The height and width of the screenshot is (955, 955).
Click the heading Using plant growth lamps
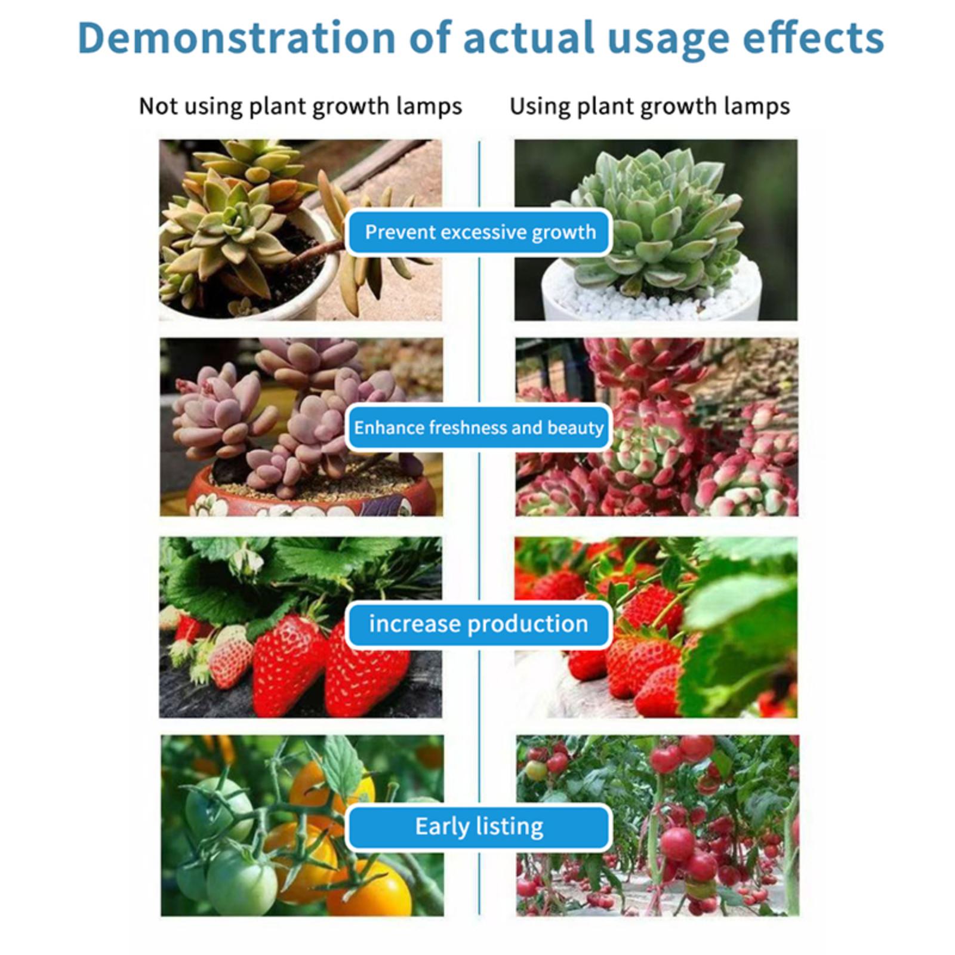(649, 107)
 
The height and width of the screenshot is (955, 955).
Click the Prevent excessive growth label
(480, 232)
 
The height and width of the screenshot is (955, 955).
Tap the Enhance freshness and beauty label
(479, 427)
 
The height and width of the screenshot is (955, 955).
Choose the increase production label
(479, 624)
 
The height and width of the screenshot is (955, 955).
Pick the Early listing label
(479, 827)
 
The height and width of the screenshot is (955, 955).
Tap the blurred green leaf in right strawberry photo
(746, 633)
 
